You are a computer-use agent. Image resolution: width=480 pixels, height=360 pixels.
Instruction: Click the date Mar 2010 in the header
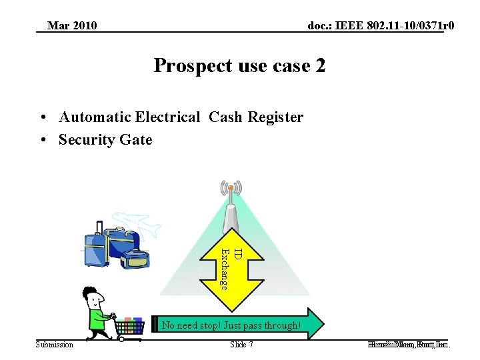[72, 26]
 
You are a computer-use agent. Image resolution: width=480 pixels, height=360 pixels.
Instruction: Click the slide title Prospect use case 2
[239, 66]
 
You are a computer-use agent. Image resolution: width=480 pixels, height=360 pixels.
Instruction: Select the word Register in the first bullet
[275, 118]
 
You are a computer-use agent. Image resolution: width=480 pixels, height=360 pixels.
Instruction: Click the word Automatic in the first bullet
[95, 118]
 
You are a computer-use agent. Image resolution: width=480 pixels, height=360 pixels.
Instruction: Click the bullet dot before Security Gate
[42, 140]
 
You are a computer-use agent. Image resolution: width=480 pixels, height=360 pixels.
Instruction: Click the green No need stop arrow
[240, 325]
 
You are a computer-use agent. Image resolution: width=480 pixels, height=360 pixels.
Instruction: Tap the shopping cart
[131, 327]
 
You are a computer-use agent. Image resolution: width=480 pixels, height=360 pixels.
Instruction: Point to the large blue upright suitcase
[96, 244]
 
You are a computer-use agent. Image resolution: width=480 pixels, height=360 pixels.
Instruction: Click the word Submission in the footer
[55, 345]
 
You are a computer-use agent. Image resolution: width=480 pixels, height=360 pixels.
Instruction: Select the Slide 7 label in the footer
[241, 345]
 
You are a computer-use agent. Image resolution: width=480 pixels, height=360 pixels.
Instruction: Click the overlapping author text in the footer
[408, 345]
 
